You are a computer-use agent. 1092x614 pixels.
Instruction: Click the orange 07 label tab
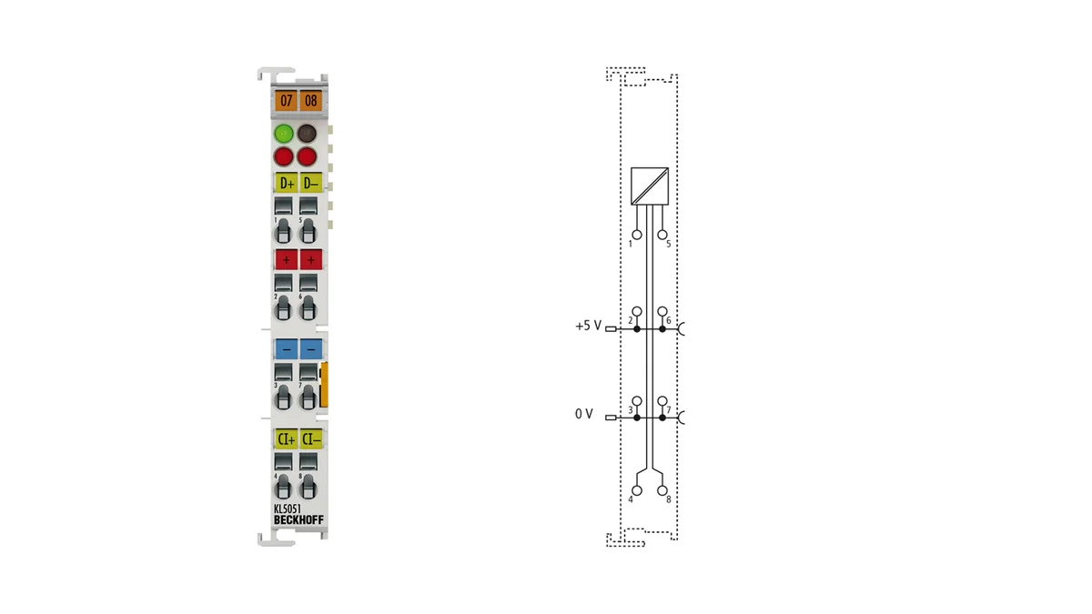coord(286,101)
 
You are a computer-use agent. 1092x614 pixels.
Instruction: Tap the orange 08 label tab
coord(311,101)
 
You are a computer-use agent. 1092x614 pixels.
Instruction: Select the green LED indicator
coord(284,133)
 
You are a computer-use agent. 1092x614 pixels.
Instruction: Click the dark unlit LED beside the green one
coord(308,133)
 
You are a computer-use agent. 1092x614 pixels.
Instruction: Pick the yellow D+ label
coord(286,183)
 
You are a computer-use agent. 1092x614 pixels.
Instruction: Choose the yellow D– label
coord(311,183)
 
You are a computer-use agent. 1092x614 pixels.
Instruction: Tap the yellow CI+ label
coord(286,439)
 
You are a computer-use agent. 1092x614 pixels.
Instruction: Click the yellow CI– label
coord(311,439)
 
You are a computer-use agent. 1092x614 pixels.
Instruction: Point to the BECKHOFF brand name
coord(298,520)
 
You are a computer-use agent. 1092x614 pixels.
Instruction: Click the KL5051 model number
coord(288,508)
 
